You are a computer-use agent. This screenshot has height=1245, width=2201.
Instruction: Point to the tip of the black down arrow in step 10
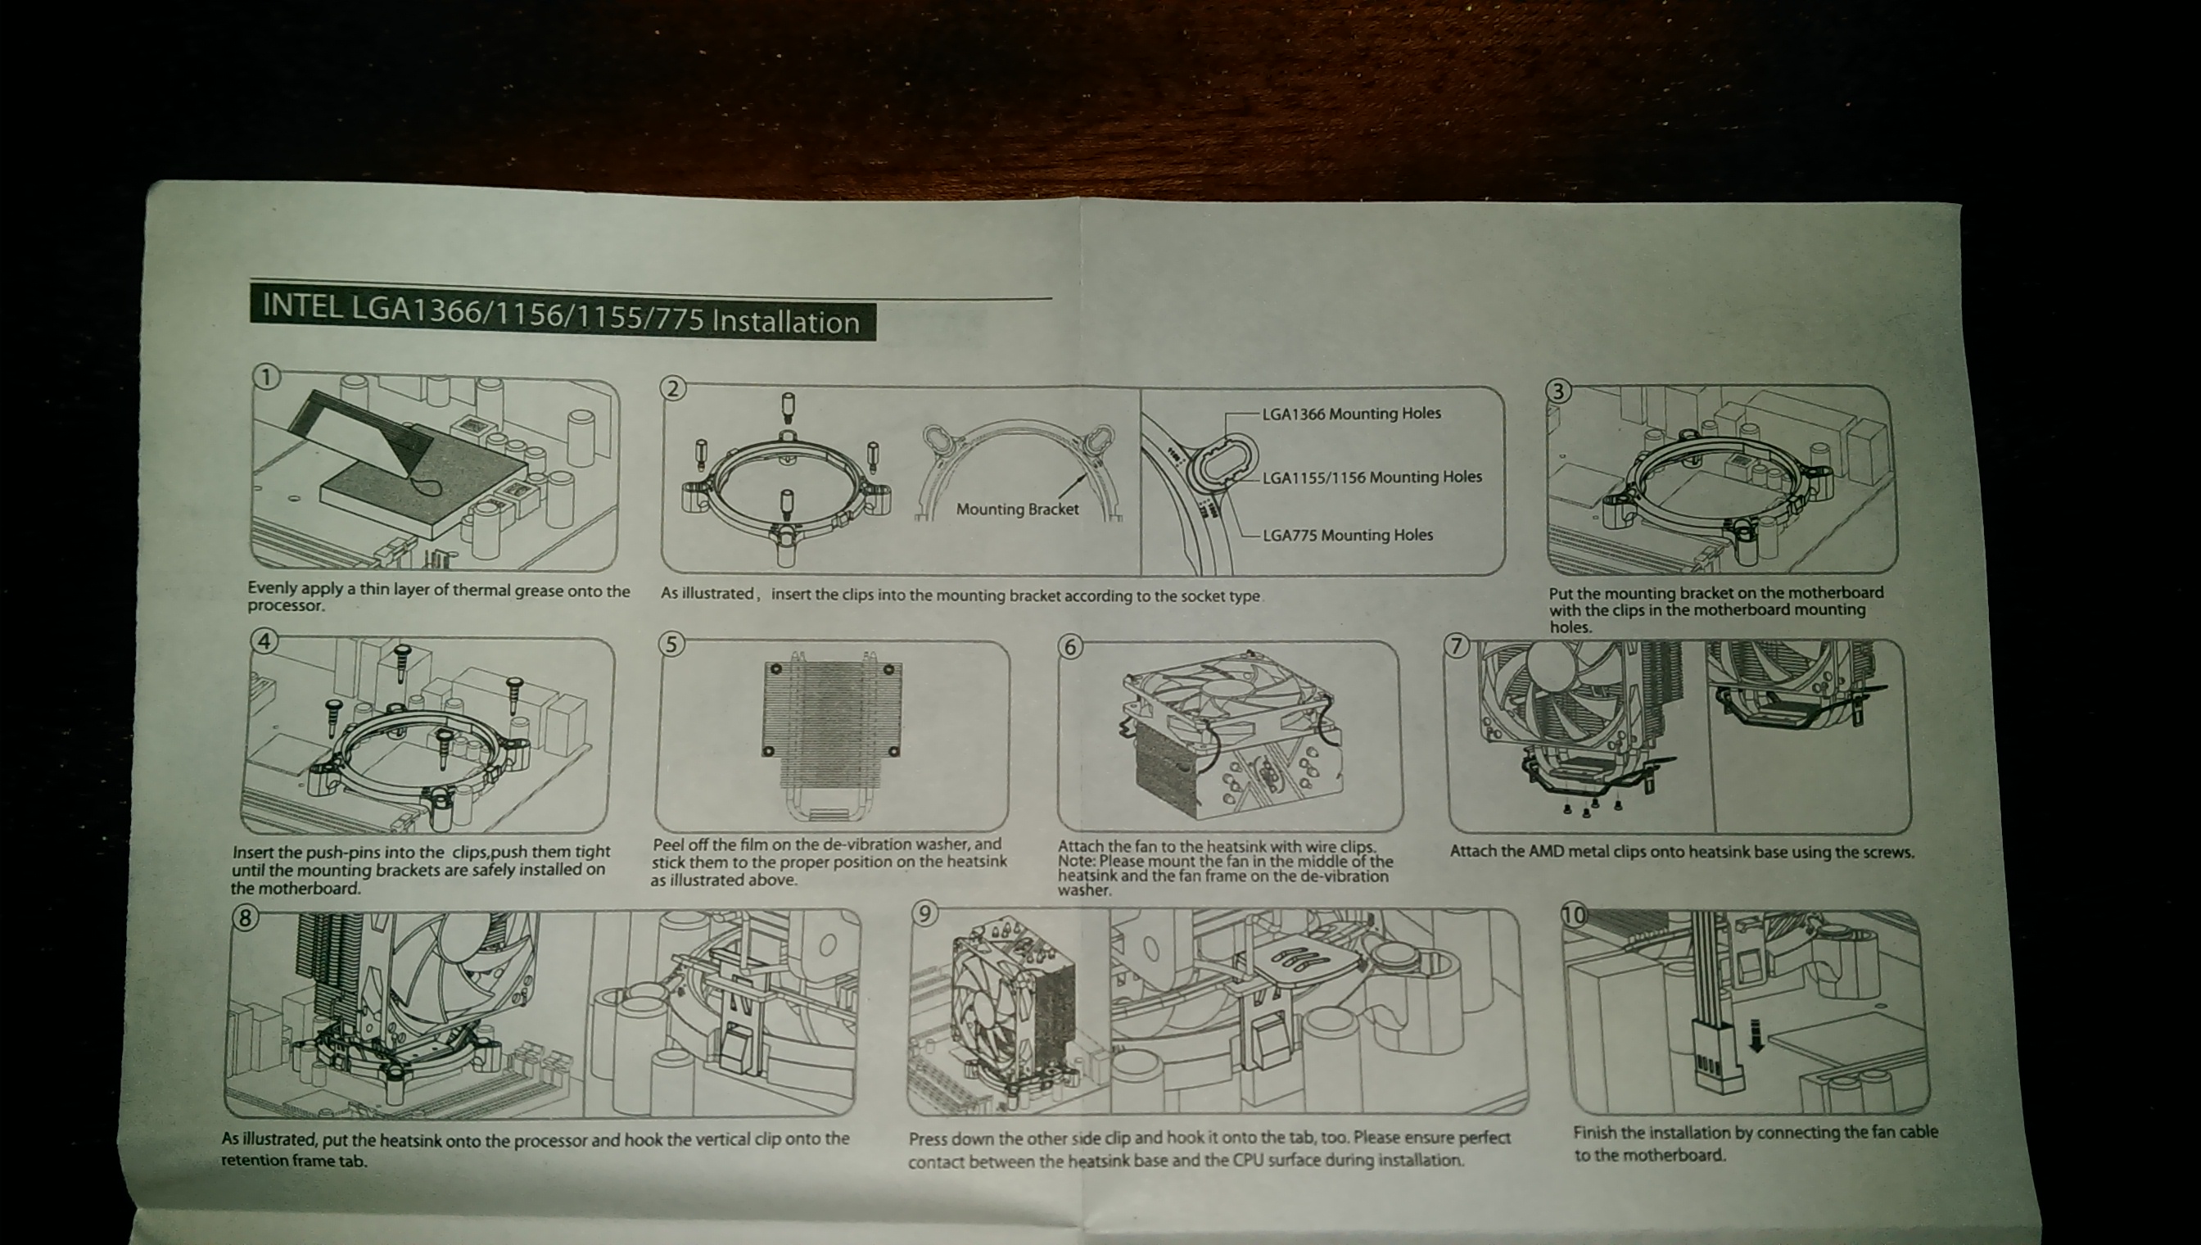(x=1756, y=1051)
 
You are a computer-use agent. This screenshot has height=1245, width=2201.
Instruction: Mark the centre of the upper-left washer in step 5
(x=777, y=668)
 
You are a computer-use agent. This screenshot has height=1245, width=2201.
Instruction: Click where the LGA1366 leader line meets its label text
(x=1261, y=414)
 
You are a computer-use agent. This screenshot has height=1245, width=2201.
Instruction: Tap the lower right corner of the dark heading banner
(x=876, y=340)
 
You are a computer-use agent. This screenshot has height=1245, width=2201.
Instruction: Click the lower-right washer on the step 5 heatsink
(x=893, y=751)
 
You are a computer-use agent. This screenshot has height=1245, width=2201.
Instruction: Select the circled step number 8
(x=246, y=917)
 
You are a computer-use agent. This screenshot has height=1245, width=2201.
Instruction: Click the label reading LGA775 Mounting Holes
(x=1347, y=536)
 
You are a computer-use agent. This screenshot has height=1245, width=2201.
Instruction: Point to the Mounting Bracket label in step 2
(x=1017, y=509)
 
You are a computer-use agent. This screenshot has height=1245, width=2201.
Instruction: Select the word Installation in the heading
(x=785, y=323)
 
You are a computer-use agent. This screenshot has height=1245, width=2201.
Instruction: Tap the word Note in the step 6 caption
(x=1075, y=861)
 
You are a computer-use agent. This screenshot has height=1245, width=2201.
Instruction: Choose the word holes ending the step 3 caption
(x=1571, y=627)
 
